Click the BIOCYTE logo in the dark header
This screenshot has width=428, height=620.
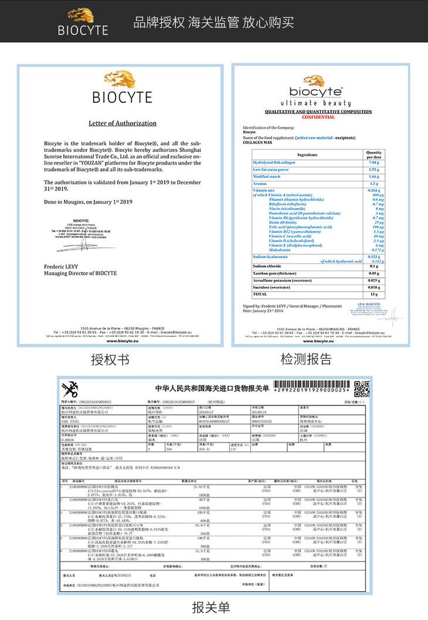tap(83, 22)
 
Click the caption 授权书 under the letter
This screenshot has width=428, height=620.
tap(110, 360)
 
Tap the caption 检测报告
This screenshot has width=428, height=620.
tap(305, 359)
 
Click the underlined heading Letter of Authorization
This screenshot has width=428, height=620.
tap(123, 124)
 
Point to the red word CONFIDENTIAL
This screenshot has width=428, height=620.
tap(318, 117)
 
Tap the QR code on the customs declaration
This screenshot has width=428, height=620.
tap(362, 389)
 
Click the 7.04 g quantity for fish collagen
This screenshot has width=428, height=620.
tap(374, 162)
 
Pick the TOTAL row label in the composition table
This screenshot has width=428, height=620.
tap(259, 294)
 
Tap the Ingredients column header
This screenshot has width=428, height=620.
tap(307, 154)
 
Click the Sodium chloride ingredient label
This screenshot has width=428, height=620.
tap(267, 265)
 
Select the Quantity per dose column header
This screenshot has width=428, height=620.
tap(374, 154)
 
